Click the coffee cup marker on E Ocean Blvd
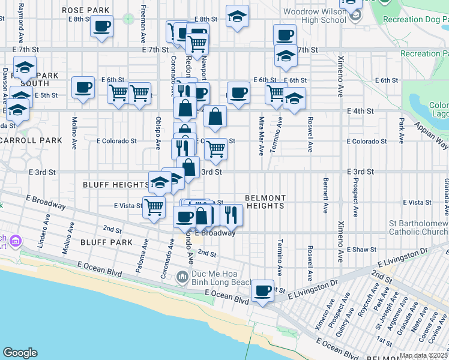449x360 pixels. (262, 291)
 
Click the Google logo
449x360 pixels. (20, 353)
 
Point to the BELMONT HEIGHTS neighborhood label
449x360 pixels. (265, 202)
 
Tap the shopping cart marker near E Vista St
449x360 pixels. (154, 207)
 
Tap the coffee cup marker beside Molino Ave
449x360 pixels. (83, 88)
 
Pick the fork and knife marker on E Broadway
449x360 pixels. (231, 215)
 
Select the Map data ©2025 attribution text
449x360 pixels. (423, 355)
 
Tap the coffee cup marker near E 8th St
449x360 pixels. (101, 26)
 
